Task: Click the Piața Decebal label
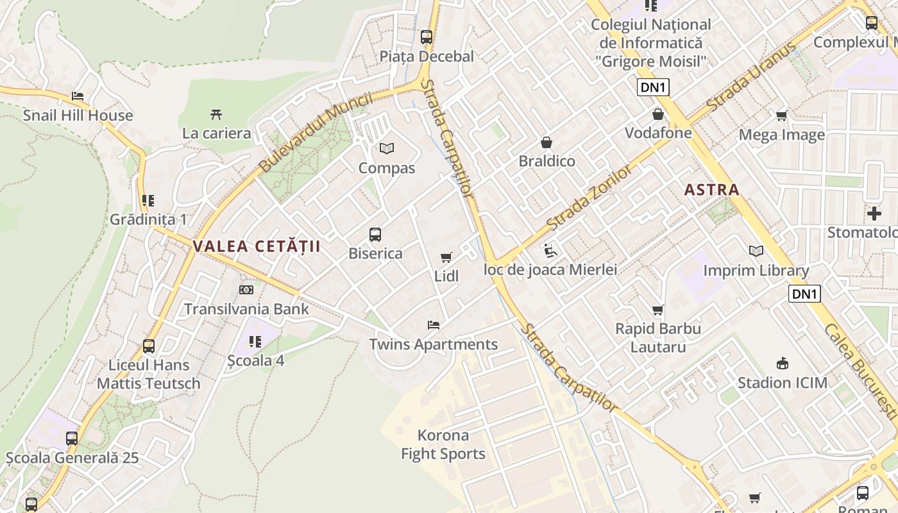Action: [x=427, y=56]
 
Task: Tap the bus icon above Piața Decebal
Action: [x=427, y=37]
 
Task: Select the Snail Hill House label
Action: [x=78, y=115]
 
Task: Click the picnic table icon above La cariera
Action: [x=216, y=115]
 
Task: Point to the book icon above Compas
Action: [x=386, y=149]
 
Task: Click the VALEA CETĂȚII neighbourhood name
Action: [x=256, y=246]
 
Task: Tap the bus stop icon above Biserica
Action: [x=375, y=235]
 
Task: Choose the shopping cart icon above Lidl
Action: [x=446, y=258]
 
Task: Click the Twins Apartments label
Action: [x=434, y=344]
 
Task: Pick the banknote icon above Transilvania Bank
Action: [x=246, y=290]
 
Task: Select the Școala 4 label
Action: [x=256, y=360]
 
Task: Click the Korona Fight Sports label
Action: [x=443, y=444]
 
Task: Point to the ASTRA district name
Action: [x=712, y=190]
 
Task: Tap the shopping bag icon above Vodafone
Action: [x=658, y=115]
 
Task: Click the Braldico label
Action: [x=547, y=161]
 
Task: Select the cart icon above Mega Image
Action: [x=781, y=116]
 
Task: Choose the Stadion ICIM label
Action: [x=783, y=383]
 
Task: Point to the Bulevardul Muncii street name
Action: [x=316, y=133]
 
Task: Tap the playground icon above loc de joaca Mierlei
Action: [x=550, y=250]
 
